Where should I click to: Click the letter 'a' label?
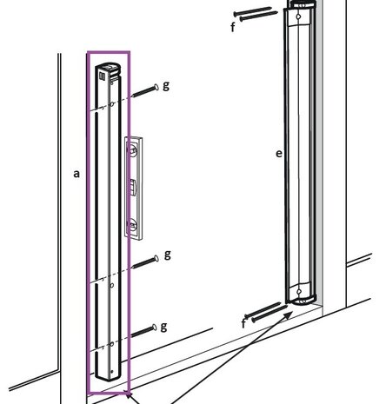coord(77,174)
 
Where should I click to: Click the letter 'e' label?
coord(278,154)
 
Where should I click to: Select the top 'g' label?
coord(166,86)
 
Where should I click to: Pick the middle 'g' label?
coord(166,255)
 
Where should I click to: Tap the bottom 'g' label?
coord(163,326)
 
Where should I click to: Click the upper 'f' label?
coord(232,27)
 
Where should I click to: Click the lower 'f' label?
coord(243,323)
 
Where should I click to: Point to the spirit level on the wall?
coord(132,187)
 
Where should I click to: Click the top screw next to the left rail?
coord(143,92)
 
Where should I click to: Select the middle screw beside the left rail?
coord(143,262)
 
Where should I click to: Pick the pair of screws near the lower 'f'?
coord(266,313)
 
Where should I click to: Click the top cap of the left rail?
coord(108,69)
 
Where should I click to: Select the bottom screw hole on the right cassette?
coord(300,290)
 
